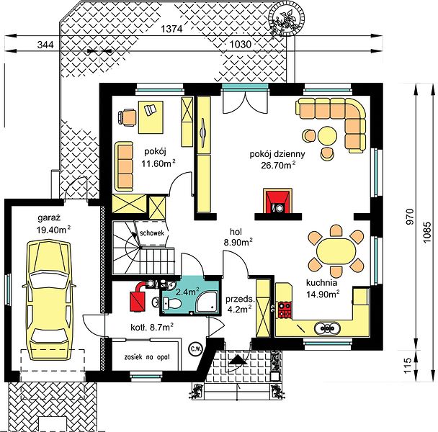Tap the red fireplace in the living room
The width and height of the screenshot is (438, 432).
(x=277, y=201)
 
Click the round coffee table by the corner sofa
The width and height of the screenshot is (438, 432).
(x=327, y=136)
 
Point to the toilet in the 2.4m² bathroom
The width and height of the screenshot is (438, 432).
(x=173, y=304)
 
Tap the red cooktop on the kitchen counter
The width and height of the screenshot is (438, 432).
(x=285, y=310)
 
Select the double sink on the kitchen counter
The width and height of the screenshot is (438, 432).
(x=327, y=328)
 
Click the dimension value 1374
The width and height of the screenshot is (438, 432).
(x=171, y=29)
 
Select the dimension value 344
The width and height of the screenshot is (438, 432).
(x=45, y=45)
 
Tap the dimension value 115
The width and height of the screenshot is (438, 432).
(x=408, y=365)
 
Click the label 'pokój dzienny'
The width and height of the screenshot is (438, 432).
(x=277, y=154)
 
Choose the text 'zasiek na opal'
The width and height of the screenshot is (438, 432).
(x=147, y=357)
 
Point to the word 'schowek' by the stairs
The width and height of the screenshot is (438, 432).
(x=152, y=233)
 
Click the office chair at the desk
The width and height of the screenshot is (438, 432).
(x=127, y=117)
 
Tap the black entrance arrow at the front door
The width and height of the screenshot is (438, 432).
(x=238, y=360)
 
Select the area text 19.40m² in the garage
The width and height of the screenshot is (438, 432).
(x=53, y=230)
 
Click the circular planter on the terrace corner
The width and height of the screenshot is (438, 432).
(x=286, y=19)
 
